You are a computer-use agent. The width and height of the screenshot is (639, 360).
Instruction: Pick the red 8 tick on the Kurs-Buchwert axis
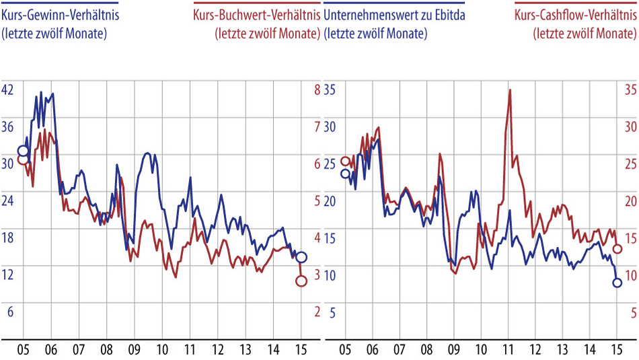coord(316,89)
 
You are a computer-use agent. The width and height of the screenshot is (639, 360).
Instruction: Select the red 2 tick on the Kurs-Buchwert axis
coord(316,312)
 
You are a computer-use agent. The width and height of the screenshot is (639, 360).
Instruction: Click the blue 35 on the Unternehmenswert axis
coord(330,89)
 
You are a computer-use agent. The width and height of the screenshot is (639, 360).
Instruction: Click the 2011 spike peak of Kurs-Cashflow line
coord(510,89)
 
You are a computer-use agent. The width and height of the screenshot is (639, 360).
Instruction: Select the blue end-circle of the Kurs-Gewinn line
coord(301,257)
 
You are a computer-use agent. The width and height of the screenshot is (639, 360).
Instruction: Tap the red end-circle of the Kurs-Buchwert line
coord(301,281)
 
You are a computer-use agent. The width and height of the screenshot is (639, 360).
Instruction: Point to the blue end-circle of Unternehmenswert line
coord(617,283)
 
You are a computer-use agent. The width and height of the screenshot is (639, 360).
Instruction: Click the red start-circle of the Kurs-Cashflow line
coord(345,161)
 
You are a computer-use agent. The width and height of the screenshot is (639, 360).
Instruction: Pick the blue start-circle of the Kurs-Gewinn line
coord(23,150)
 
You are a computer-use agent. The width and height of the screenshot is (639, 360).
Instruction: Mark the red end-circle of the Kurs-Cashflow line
coord(617,248)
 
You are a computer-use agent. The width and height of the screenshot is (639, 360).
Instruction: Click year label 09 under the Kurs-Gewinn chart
coord(134,350)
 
